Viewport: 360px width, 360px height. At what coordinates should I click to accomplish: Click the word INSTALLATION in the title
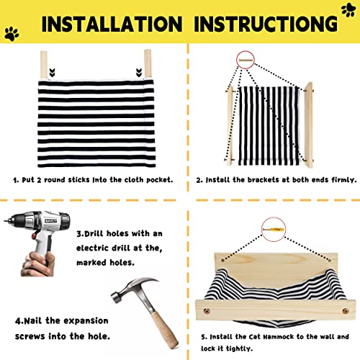[112, 24]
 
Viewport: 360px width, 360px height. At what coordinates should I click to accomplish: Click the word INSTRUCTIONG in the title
[266, 24]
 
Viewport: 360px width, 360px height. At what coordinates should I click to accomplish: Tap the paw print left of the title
[12, 34]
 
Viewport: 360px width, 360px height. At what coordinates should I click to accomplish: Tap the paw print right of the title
[348, 10]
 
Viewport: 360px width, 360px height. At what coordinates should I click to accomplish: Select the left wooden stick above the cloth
[44, 65]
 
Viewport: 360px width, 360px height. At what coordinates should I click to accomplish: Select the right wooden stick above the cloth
[148, 63]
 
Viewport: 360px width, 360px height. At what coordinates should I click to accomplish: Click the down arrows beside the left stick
[52, 73]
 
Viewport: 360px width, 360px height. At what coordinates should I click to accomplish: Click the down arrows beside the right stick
[139, 73]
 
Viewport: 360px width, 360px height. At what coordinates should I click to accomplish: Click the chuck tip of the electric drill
[5, 220]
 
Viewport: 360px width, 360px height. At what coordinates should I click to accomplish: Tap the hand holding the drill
[38, 264]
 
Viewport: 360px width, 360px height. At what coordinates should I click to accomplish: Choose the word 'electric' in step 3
[92, 248]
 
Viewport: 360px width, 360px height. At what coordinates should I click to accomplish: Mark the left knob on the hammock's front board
[207, 311]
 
